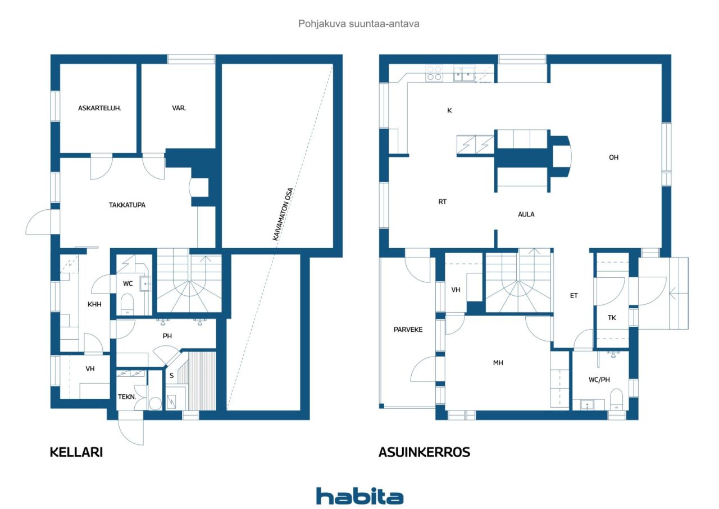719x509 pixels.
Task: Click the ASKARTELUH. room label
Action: (99, 109)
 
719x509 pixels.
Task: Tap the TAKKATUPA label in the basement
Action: (127, 205)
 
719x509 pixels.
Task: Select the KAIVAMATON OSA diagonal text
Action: (283, 214)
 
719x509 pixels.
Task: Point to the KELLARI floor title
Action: (76, 452)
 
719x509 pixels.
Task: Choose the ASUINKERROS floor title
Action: (424, 452)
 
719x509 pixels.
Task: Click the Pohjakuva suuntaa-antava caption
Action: (359, 24)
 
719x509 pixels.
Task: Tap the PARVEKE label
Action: (408, 330)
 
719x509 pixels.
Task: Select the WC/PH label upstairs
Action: (599, 380)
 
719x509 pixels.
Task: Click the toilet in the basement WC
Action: (127, 304)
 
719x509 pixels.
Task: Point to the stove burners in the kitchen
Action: (434, 73)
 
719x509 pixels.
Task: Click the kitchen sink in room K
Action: (464, 74)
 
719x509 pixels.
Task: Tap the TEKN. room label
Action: (127, 397)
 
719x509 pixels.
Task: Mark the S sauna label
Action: (171, 375)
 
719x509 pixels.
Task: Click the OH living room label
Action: (613, 157)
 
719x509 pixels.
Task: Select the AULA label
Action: (526, 214)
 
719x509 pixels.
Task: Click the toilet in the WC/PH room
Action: (616, 399)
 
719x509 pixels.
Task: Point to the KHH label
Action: (94, 304)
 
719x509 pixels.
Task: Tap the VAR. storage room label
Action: (179, 109)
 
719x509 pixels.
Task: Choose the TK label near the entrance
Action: (612, 318)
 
